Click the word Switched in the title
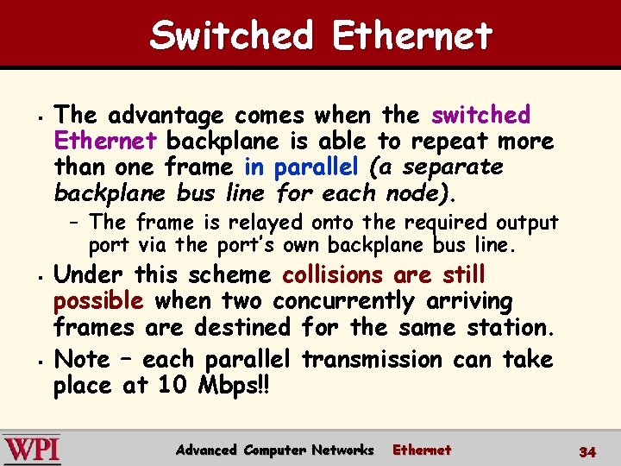[231, 36]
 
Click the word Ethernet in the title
[411, 36]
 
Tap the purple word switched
[480, 115]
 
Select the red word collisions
[332, 275]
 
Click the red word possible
[97, 301]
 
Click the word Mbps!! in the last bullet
[236, 386]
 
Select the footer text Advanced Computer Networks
[274, 450]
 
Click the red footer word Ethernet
[422, 450]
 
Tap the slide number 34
[587, 451]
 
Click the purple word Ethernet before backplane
[104, 141]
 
